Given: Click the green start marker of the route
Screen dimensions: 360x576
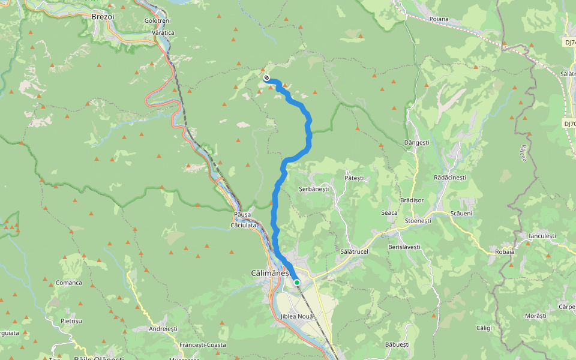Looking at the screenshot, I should pos(296,282).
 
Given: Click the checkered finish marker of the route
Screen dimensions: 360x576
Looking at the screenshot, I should pos(266,77).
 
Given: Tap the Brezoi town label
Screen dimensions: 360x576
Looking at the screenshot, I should pos(103,17).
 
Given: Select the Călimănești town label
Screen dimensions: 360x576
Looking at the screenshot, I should pos(270,273).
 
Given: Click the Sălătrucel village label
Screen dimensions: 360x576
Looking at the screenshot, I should pos(353,251).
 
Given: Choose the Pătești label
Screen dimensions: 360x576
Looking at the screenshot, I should pos(354,178).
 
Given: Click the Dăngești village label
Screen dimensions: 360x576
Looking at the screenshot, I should pos(416,143).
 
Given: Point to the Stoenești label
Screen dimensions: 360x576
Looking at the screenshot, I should pos(418,221).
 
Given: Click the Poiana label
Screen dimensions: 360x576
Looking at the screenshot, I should pos(439,19).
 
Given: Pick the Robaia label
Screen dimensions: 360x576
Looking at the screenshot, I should pos(505,251).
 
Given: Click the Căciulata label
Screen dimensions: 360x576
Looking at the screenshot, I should pos(244,226).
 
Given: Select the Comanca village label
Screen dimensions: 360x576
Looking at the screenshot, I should pos(68,283).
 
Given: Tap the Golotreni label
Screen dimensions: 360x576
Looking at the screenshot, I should pos(157,20).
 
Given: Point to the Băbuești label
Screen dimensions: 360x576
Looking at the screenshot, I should pos(397,344).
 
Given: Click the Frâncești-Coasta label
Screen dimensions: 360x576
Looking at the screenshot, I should pos(203,345).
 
